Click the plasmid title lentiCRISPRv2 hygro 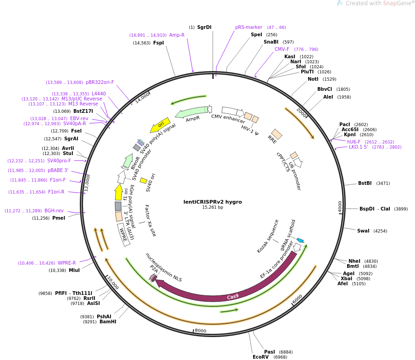(212, 202)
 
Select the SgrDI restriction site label (204, 28)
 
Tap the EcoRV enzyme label (260, 357)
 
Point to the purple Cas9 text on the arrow (233, 296)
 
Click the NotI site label (313, 79)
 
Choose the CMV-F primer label (282, 50)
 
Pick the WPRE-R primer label (67, 263)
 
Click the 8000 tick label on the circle (200, 331)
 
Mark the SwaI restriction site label (363, 231)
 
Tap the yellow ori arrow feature (160, 125)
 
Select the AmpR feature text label (193, 119)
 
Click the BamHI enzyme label (108, 322)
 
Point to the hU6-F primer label (354, 142)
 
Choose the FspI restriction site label (158, 43)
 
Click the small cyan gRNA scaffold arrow (300, 240)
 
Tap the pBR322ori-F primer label (100, 83)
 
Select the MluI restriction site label (74, 271)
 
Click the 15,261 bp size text (212, 208)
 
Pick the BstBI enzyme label (365, 183)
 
